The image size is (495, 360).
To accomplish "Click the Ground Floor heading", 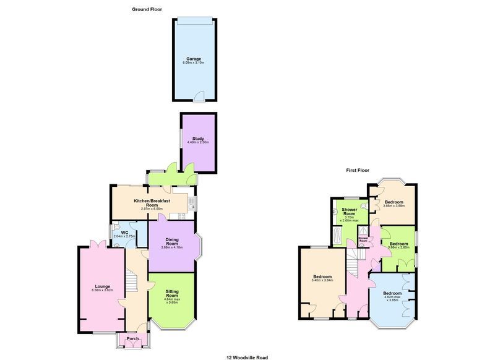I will pyautogui.click(x=146, y=9).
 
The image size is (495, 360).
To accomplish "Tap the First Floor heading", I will pyautogui.click(x=358, y=169).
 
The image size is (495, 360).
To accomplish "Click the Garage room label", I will pyautogui.click(x=195, y=59).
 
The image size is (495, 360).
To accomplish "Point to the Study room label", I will pyautogui.click(x=199, y=139).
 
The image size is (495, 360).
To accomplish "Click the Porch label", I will pyautogui.click(x=133, y=339).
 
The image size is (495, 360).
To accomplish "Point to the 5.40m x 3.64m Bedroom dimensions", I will pyautogui.click(x=322, y=280).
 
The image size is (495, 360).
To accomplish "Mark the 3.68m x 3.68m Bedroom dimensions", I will pyautogui.click(x=394, y=206).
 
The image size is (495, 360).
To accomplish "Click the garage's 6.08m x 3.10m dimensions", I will pyautogui.click(x=195, y=63).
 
